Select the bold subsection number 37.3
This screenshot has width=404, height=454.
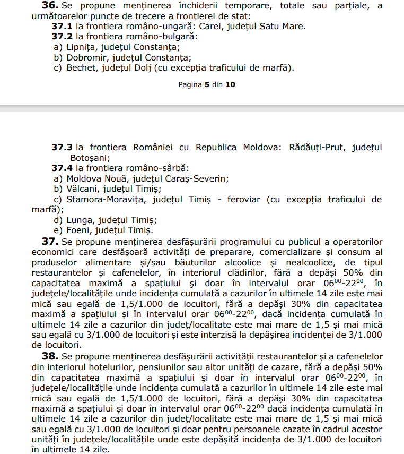[x=62, y=147]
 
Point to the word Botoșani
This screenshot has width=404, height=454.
[x=90, y=157]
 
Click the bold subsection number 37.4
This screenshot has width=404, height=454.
[x=62, y=168]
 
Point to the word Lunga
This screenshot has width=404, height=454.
[x=81, y=220]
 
